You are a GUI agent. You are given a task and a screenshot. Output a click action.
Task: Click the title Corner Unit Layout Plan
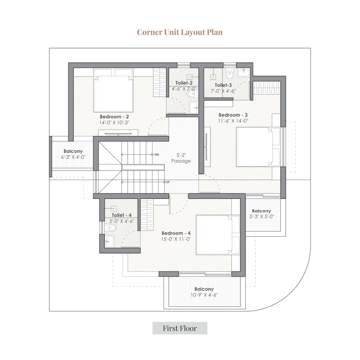[x=180, y=32]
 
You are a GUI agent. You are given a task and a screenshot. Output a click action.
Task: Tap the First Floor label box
[x=180, y=328]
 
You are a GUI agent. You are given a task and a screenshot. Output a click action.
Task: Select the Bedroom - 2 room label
[x=114, y=117]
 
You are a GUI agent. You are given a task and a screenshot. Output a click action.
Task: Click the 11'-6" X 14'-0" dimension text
[x=233, y=121]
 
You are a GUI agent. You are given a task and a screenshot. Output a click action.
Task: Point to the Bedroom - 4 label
[x=176, y=233]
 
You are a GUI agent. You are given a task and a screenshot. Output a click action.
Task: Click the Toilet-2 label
[x=184, y=83]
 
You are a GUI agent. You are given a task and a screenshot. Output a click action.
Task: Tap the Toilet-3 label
[x=223, y=85]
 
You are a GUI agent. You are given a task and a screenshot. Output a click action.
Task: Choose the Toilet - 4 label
[x=121, y=215]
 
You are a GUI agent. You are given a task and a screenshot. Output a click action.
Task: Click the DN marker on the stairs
[x=157, y=155]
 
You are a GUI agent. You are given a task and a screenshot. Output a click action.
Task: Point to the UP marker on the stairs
[x=168, y=182]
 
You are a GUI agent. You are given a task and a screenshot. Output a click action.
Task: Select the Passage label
[x=181, y=161]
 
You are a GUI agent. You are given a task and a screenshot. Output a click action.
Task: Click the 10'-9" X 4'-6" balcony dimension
[x=204, y=295]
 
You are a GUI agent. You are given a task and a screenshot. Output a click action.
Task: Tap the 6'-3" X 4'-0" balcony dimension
[x=73, y=157]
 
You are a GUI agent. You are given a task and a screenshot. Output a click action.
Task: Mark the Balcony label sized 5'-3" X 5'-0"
[x=261, y=211]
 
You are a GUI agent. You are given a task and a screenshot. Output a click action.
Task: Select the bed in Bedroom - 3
[x=258, y=147]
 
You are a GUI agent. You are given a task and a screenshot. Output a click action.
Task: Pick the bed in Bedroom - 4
[x=218, y=235]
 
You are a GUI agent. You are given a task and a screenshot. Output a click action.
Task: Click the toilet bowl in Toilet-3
[x=229, y=74]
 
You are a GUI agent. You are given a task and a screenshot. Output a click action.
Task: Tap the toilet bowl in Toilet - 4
[x=111, y=228]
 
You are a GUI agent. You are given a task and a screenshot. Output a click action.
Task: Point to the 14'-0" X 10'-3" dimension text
[x=114, y=122]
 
